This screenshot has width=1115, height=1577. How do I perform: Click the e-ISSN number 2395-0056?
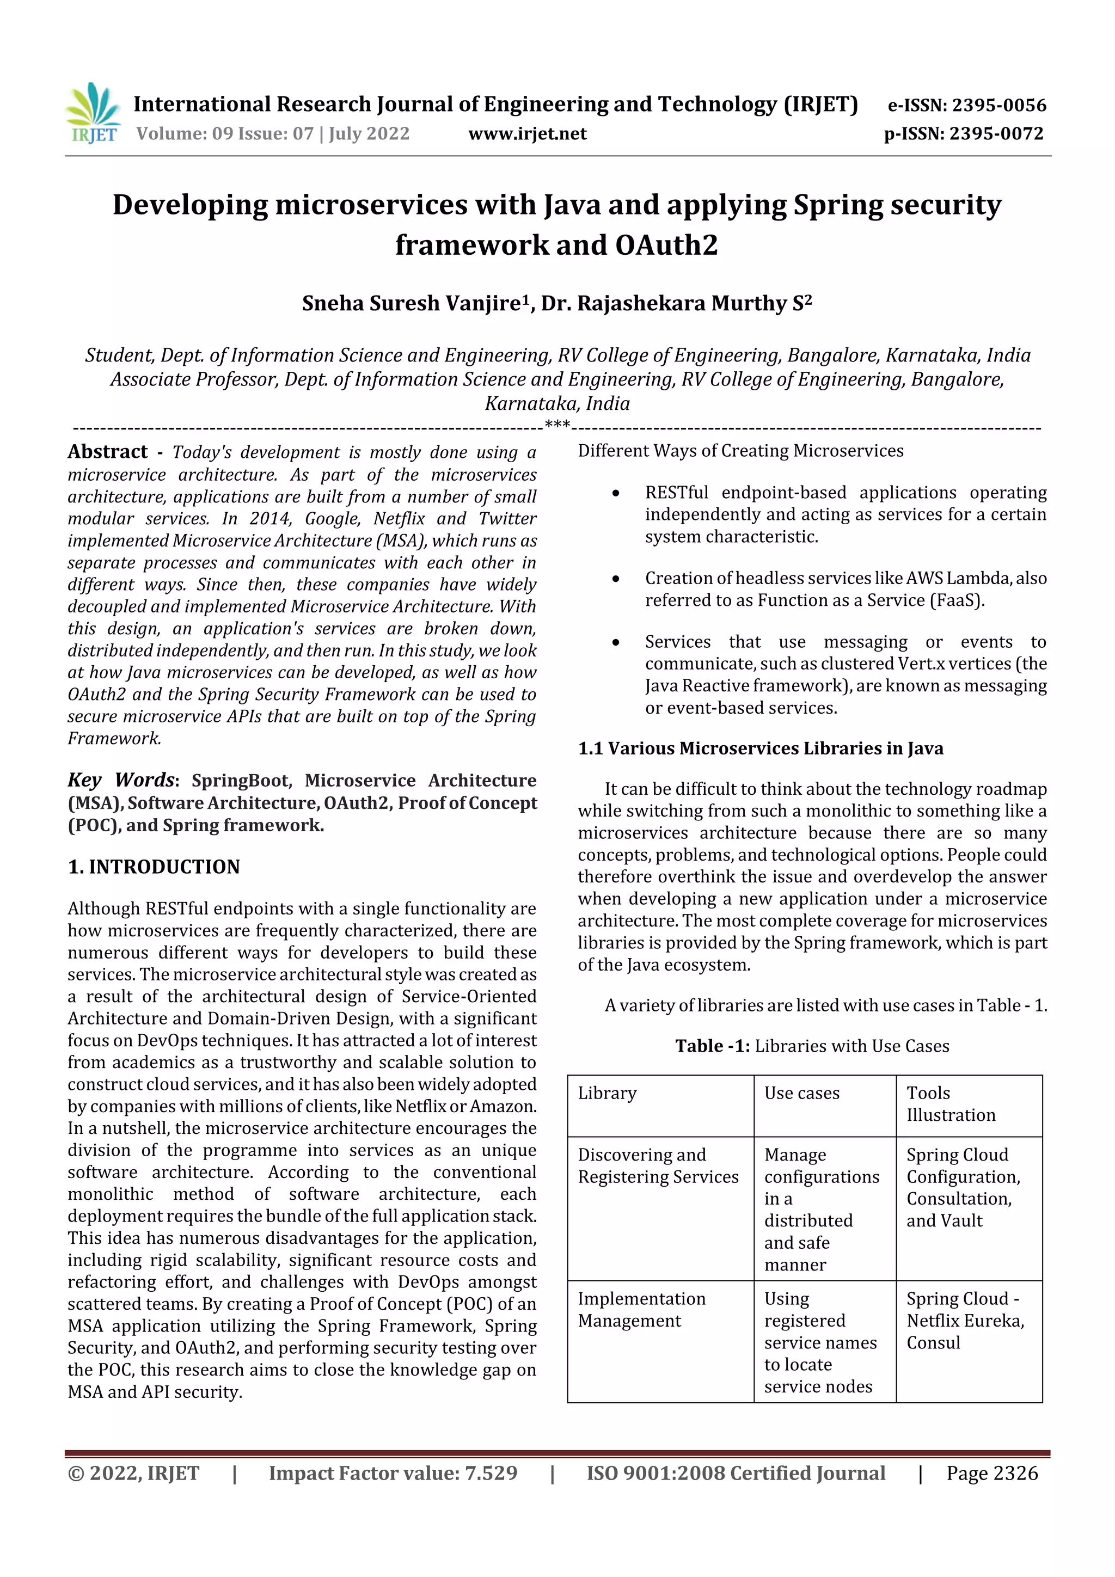(998, 105)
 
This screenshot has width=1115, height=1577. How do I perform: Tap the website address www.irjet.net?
(527, 133)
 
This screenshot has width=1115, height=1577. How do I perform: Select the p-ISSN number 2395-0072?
(996, 133)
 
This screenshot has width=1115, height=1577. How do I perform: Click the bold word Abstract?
(107, 451)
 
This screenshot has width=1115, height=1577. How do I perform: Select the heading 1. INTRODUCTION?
(154, 867)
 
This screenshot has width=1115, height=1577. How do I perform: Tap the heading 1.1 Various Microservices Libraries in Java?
(760, 748)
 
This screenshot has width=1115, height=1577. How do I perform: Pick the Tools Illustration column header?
(950, 1104)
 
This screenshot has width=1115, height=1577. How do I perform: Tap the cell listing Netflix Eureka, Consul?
(965, 1320)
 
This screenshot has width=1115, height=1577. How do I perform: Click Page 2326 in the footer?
(991, 1473)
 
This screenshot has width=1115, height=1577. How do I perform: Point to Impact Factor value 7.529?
(393, 1473)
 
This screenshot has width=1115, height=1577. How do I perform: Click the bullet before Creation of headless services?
(616, 579)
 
